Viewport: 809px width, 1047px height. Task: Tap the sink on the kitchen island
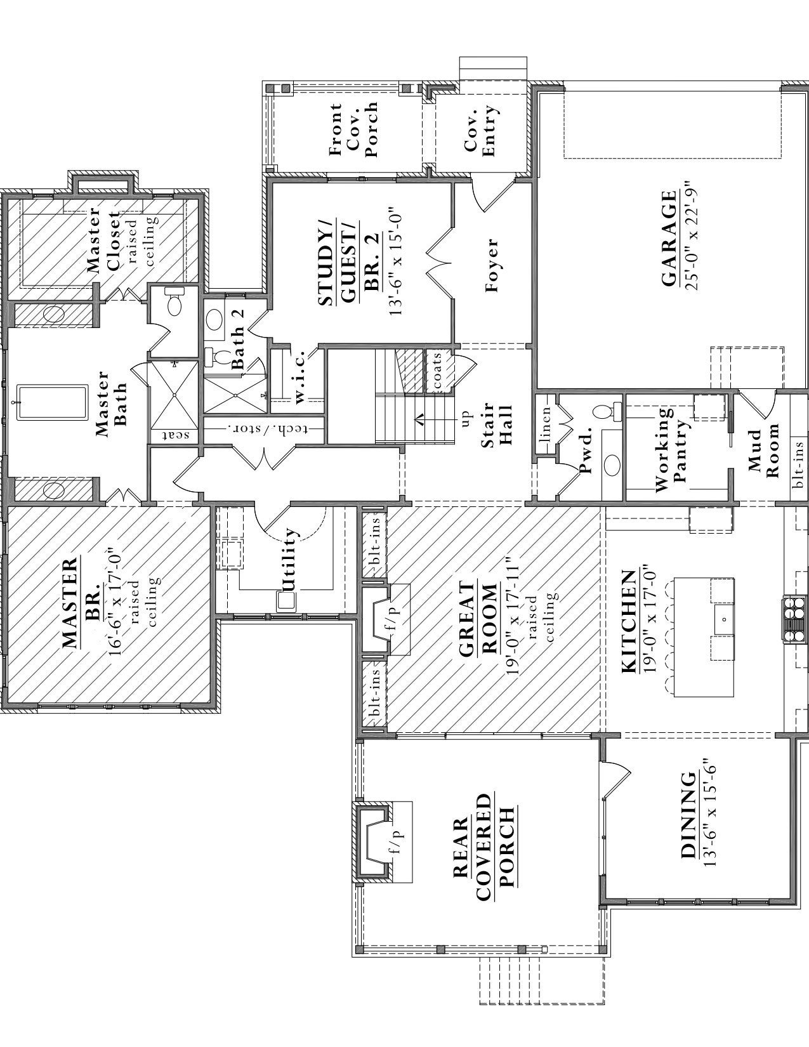tap(722, 616)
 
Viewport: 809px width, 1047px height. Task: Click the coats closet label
tap(437, 371)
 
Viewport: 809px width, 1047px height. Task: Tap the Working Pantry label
tap(671, 449)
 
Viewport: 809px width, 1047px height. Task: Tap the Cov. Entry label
tap(480, 130)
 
